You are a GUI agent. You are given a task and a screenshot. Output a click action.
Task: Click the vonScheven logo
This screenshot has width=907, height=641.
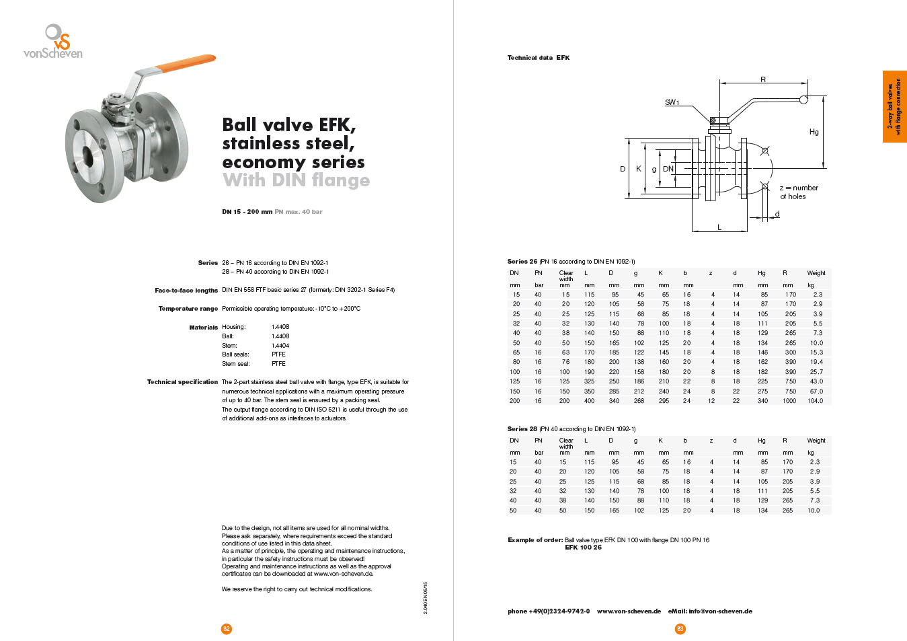click(x=53, y=42)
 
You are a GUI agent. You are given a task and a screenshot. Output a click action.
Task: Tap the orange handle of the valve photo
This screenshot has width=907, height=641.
click(x=185, y=63)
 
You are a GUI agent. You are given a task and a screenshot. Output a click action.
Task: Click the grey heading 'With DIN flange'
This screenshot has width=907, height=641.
click(x=296, y=180)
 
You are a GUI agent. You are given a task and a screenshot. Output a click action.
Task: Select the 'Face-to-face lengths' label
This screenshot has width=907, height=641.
click(x=186, y=291)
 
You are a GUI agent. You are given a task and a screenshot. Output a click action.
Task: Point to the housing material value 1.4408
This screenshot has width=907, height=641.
click(x=280, y=327)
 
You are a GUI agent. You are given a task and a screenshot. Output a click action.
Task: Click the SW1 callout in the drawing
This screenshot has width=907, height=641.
click(x=672, y=102)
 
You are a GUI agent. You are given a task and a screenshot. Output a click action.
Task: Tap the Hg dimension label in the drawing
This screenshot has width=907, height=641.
click(x=814, y=132)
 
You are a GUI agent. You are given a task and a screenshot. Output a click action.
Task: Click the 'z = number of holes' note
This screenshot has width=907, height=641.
click(x=798, y=192)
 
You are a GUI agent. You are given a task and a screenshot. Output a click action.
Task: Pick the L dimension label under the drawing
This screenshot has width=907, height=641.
click(x=719, y=227)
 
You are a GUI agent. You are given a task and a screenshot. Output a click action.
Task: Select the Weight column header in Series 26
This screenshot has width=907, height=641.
click(x=816, y=273)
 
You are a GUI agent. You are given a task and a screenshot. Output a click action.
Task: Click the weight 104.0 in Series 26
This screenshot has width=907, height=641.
click(x=815, y=401)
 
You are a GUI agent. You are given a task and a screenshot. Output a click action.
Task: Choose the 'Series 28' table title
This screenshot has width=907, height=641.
click(x=522, y=429)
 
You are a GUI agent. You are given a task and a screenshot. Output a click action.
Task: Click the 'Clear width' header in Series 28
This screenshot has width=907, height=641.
click(x=566, y=443)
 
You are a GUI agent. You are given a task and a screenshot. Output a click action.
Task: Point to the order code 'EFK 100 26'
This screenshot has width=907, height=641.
click(x=583, y=548)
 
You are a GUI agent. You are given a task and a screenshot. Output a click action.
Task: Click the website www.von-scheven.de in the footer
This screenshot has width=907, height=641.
click(x=629, y=611)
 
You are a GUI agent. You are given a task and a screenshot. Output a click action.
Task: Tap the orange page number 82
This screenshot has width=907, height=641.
click(x=226, y=629)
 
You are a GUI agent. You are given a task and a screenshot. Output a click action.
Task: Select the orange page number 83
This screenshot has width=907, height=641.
click(x=680, y=629)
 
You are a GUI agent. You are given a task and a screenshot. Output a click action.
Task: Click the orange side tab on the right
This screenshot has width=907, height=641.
click(x=894, y=106)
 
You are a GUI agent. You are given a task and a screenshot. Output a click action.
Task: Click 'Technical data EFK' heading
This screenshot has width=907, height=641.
click(x=538, y=58)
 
